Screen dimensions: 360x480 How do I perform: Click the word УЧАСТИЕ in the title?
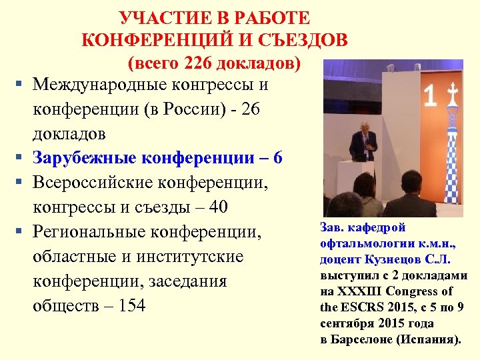pos(157,16)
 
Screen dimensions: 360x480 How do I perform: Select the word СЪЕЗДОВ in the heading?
pos(303,39)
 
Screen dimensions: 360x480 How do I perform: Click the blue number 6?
pos(277,158)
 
